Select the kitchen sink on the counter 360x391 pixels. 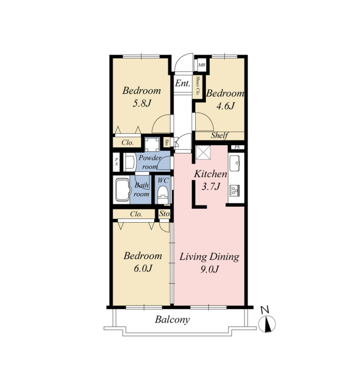(x=235, y=163)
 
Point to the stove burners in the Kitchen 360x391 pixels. (x=234, y=190)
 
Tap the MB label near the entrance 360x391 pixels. (x=202, y=65)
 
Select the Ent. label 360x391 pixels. (x=182, y=83)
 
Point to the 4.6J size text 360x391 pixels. (x=225, y=106)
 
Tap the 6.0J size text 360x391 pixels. (x=143, y=268)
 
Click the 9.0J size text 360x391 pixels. (x=210, y=269)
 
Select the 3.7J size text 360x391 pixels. (x=211, y=186)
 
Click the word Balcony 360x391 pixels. (x=172, y=320)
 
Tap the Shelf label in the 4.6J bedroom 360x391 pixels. (x=220, y=136)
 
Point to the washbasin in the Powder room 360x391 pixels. (x=130, y=162)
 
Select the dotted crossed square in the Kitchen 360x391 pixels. (x=203, y=152)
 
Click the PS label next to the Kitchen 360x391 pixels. (x=237, y=147)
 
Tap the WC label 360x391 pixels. (x=163, y=180)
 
